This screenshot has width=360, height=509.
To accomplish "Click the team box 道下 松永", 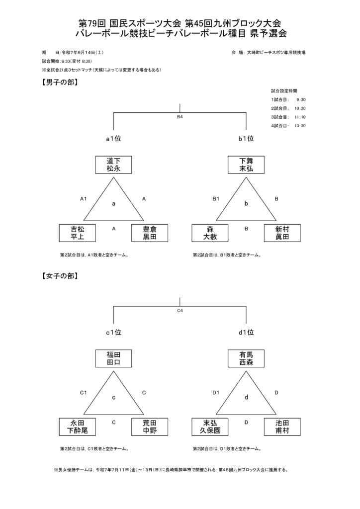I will coord(113,165).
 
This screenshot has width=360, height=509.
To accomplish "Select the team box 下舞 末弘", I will coord(246,165).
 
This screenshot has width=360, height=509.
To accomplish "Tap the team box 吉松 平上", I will coord(77,233).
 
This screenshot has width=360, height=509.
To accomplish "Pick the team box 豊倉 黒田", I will coord(150,233).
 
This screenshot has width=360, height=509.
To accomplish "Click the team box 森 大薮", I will coord(210,233).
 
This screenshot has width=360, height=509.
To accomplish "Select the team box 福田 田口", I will coord(113,358).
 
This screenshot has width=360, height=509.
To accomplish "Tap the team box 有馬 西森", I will coord(246,358).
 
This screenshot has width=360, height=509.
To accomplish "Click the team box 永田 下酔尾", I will coord(77,426).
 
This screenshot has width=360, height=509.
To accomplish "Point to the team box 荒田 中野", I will coord(150,426).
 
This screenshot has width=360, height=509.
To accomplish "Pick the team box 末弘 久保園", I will coord(210,426).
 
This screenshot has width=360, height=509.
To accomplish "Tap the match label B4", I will coord(180,117).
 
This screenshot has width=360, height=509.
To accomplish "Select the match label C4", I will coord(180,311).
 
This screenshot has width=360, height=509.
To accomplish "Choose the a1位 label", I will coord(113,139).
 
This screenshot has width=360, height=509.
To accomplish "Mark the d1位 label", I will coord(246,333).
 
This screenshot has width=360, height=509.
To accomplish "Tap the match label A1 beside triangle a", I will coord(84,199).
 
